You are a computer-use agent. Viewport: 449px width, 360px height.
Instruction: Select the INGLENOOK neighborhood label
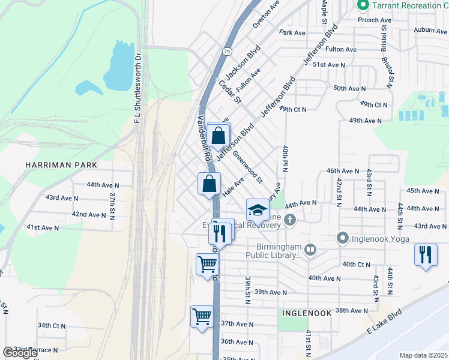click(305, 314)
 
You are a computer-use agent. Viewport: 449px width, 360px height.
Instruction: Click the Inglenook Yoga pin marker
click(343, 239)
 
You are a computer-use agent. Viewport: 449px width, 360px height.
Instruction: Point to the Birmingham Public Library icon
click(310, 249)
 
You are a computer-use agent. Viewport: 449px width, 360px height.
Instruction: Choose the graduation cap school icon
click(258, 210)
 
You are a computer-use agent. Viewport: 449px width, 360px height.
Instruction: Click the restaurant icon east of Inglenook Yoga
click(426, 254)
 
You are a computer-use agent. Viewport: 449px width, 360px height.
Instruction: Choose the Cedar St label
click(229, 91)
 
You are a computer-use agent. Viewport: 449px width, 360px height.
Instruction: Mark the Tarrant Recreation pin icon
click(363, 5)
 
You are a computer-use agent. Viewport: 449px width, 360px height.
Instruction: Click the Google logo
click(20, 353)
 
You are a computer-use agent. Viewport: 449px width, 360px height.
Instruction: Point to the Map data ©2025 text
click(423, 355)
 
